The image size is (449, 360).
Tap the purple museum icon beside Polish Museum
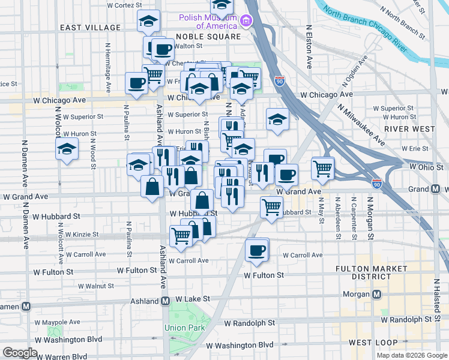tap(246, 22)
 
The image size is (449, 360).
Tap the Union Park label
tap(185, 328)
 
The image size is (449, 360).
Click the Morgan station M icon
tap(377, 295)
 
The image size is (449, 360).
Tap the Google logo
tap(20, 353)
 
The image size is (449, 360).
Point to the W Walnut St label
tap(91, 286)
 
